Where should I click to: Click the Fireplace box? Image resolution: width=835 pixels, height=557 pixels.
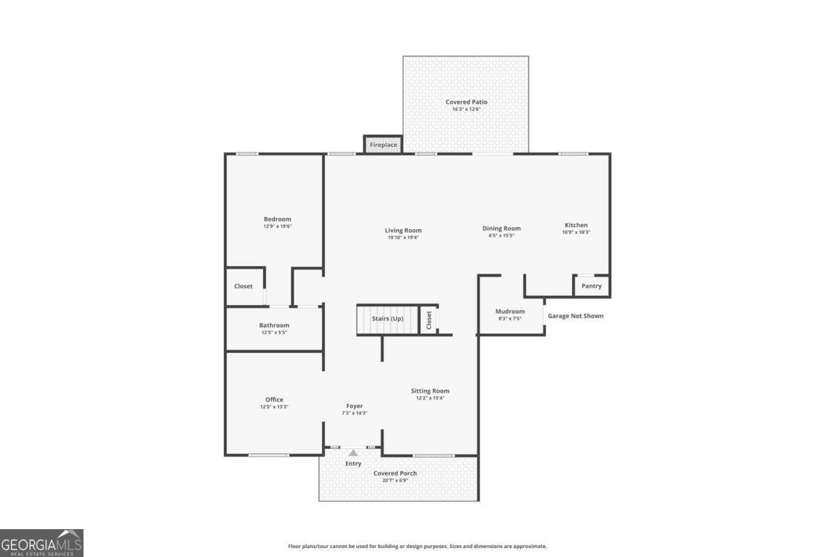383,145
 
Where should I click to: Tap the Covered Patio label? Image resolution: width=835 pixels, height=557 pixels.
466,102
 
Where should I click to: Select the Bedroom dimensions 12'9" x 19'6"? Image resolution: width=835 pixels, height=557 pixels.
277,226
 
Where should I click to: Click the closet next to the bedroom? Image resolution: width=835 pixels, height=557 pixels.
244,286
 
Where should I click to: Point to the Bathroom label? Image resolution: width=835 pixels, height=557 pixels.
274,325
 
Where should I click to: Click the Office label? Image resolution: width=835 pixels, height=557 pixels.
274,400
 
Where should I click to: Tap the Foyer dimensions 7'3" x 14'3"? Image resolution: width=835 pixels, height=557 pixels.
355,413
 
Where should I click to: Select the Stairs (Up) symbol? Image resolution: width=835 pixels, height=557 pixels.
387,319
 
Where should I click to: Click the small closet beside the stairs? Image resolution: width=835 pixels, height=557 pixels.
429,320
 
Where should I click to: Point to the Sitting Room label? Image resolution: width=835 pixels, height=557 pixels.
430,391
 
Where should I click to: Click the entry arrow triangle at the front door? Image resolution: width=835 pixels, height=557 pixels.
353,453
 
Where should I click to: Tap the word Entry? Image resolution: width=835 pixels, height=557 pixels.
353,464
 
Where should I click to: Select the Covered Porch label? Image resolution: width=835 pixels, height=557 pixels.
395,473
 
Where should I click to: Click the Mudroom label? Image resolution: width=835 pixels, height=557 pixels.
510,311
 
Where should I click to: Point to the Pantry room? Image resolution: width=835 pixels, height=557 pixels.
591,286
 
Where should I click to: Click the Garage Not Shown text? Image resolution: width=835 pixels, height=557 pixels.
575,316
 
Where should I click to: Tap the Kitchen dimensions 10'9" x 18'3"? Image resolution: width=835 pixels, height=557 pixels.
576,232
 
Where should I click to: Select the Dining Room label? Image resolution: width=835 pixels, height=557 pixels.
502,228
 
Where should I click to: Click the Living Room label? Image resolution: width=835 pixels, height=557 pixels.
404,230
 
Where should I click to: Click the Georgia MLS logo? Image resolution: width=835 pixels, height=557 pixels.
42,543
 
